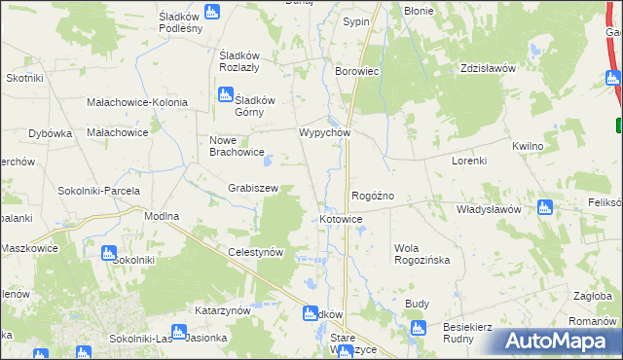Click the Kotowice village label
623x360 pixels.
pos(341,220)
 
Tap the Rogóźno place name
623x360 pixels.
pos(372,196)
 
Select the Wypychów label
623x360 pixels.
pos(323,132)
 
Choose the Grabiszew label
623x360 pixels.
pos(253,188)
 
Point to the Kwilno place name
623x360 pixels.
pos(527,145)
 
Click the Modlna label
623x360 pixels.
pos(162,215)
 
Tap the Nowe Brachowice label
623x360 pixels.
pos(238,145)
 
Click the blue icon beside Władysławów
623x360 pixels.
pos(544,207)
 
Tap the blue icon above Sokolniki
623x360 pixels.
pos(108,253)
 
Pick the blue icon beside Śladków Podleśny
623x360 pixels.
pos(212,12)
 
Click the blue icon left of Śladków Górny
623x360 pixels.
pos(226,94)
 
